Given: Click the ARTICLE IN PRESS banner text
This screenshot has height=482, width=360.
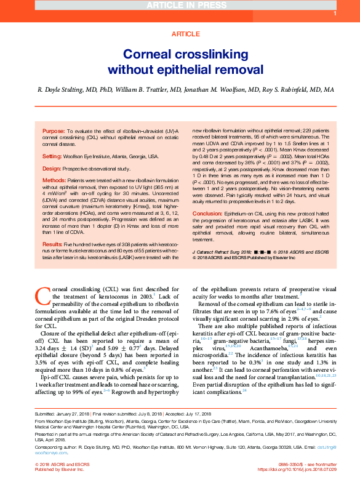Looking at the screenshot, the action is tap(180, 6).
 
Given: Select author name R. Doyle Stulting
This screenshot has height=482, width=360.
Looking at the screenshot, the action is tap(60, 89).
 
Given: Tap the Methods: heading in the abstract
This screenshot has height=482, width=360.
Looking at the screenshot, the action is tap(54, 180).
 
